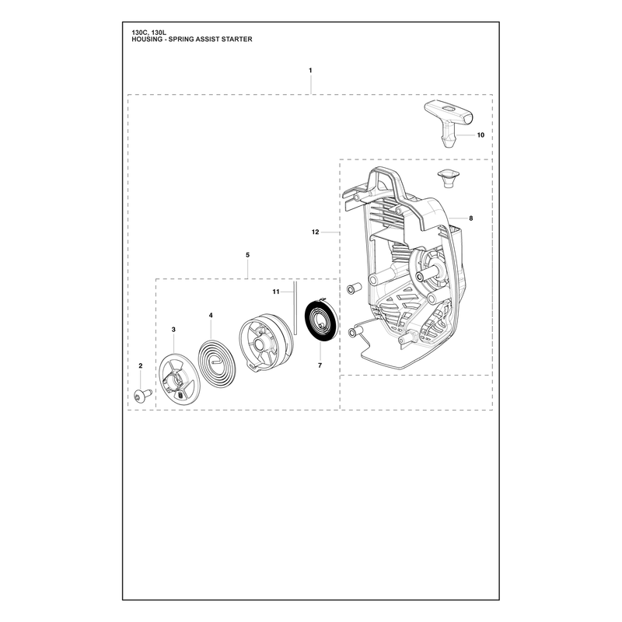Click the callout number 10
tap(480, 135)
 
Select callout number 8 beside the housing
tap(471, 218)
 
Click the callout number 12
tap(316, 232)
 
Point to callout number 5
tap(247, 255)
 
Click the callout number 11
tap(276, 292)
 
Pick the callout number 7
tap(320, 365)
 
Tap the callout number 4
tap(211, 316)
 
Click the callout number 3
tap(173, 329)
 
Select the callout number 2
tap(141, 365)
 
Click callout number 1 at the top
tap(310, 70)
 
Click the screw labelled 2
tap(143, 395)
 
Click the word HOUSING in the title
tap(147, 40)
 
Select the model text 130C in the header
tap(139, 33)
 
